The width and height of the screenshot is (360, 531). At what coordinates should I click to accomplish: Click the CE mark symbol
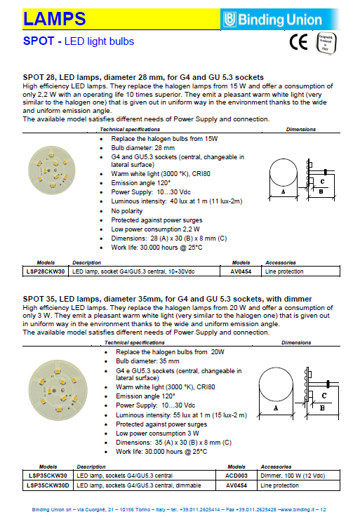pyautogui.click(x=299, y=43)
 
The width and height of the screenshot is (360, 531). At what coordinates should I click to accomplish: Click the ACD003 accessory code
pyautogui.click(x=236, y=476)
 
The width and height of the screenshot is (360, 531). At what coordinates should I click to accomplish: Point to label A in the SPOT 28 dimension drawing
pyautogui.click(x=283, y=191)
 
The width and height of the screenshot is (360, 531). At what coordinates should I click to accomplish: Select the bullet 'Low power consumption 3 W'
pyautogui.click(x=154, y=433)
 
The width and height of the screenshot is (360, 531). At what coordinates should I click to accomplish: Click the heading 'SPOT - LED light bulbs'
pyautogui.click(x=78, y=42)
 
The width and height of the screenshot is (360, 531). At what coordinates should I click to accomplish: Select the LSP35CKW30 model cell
pyautogui.click(x=46, y=476)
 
